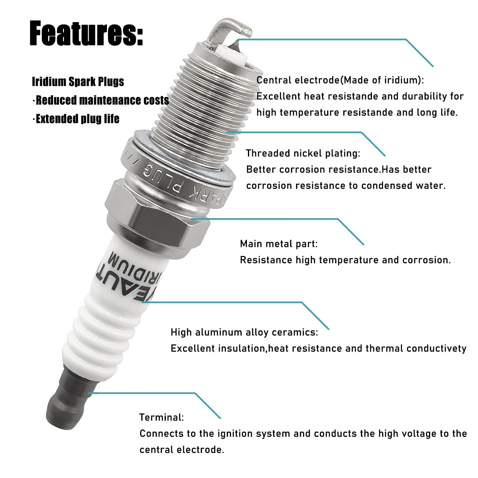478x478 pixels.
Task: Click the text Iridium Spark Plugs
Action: coord(78,82)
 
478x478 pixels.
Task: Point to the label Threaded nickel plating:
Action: coord(303,153)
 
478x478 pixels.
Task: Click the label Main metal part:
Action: coord(279,244)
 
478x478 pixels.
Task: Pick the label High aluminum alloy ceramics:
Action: coord(244,332)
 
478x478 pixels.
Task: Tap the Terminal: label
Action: coord(162,417)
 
